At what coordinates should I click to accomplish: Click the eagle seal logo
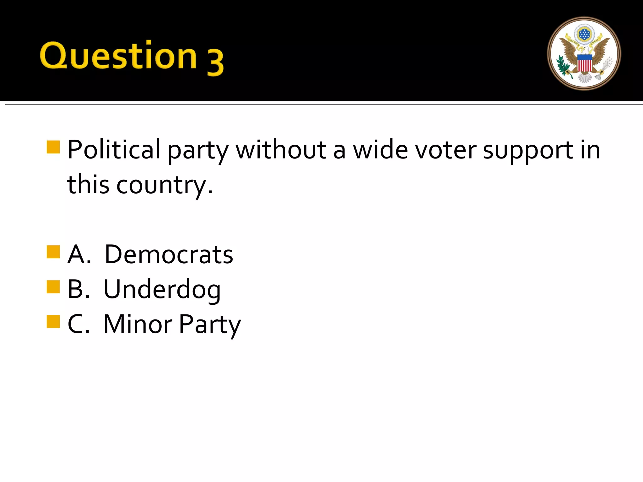pos(584,54)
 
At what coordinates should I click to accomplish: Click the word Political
pos(114,149)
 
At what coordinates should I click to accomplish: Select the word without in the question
pos(281,149)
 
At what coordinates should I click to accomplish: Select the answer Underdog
pos(162,289)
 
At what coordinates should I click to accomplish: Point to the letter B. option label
pos(78,289)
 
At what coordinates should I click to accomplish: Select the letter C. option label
pos(78,324)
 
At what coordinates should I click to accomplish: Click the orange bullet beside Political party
pos(53,147)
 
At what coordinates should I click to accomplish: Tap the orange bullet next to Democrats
pos(53,252)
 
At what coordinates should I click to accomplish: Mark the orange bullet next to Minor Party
pos(53,321)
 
